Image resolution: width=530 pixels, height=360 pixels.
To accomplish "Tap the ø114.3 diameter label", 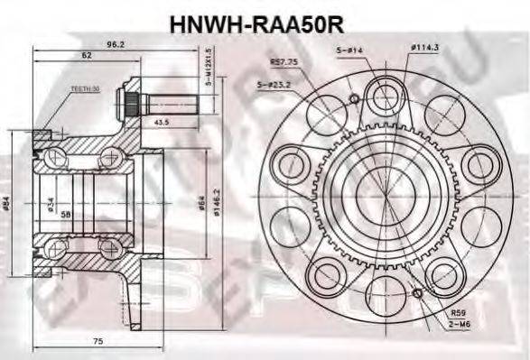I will tap(424, 48).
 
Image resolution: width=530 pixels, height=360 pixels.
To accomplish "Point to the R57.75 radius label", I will tap(285, 62).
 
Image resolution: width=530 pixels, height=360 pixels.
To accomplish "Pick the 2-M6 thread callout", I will tap(461, 324).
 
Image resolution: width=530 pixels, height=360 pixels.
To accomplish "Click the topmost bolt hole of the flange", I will tap(382, 93).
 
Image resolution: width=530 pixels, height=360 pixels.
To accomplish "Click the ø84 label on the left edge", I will tap(6, 207).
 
